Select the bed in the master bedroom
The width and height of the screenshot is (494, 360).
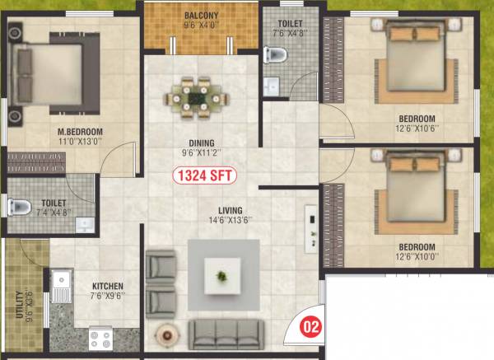[49, 74]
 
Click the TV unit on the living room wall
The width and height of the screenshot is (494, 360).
[310, 226]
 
